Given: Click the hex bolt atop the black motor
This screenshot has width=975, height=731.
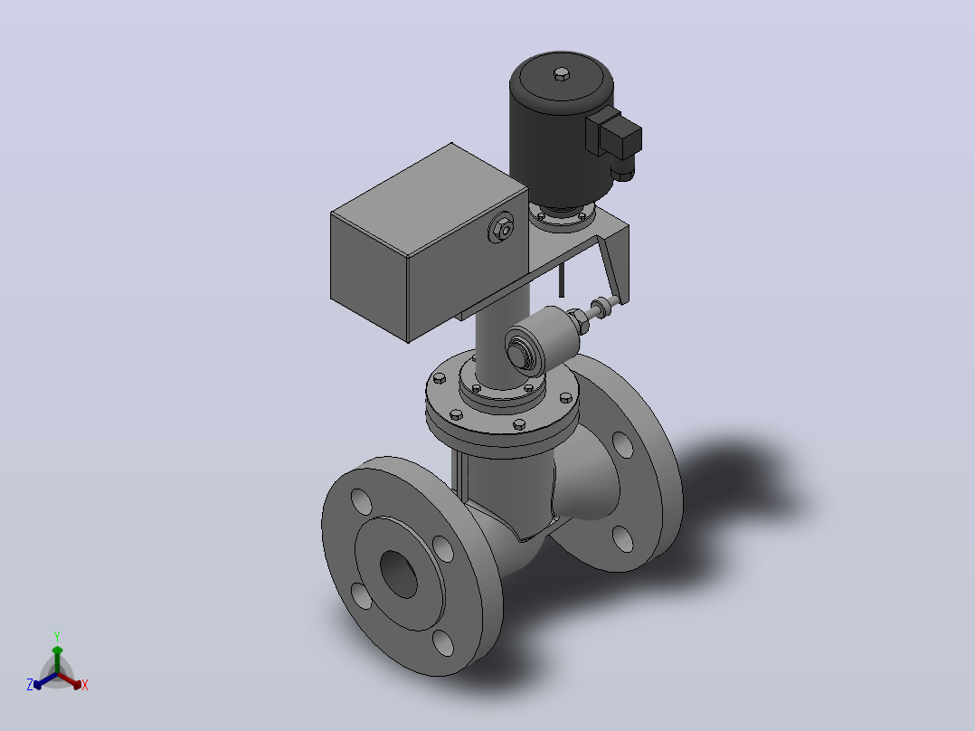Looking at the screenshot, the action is [x=561, y=74].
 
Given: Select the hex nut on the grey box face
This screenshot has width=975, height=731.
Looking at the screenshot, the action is [x=501, y=228].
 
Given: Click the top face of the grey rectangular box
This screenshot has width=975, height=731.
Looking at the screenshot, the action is [x=429, y=199].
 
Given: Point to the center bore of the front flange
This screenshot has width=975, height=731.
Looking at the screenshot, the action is [x=399, y=574].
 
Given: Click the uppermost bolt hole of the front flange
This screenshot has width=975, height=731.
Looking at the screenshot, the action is [x=361, y=502].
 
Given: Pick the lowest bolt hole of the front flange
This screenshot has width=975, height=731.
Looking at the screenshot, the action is [x=443, y=642].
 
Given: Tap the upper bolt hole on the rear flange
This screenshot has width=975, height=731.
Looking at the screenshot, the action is [x=623, y=444].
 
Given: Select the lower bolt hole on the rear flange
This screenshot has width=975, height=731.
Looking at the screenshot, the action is [x=622, y=539].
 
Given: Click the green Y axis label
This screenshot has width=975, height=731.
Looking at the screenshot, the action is [x=57, y=636].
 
